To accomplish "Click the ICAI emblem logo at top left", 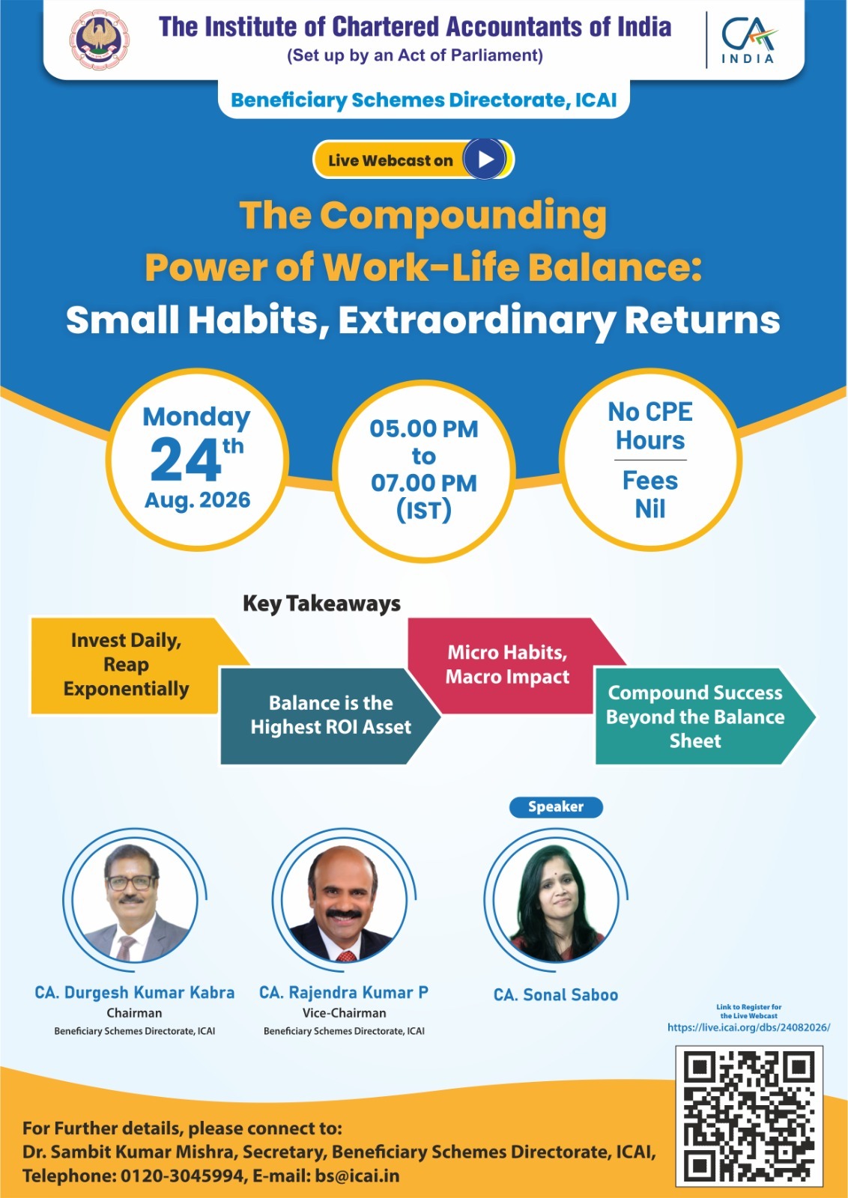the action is tap(100, 42).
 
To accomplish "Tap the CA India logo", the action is tap(748, 40).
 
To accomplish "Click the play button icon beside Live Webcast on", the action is tap(485, 159).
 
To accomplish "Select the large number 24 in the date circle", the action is tap(185, 460).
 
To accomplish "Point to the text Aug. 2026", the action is tap(198, 501).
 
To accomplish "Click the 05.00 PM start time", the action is tap(424, 429).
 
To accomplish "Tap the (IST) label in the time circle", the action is tap(424, 511).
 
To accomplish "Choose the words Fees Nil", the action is tap(650, 495).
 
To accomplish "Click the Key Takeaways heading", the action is tap(321, 603).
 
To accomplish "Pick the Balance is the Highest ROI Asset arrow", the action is tap(330, 716).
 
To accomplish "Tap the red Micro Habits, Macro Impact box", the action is tap(507, 666).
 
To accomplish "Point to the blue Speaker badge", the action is tap(556, 807).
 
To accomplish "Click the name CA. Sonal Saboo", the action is tap(556, 995).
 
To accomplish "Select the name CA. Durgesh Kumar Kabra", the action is tap(135, 993).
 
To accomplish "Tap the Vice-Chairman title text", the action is tap(344, 1013).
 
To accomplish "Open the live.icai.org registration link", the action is tap(748, 1027).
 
